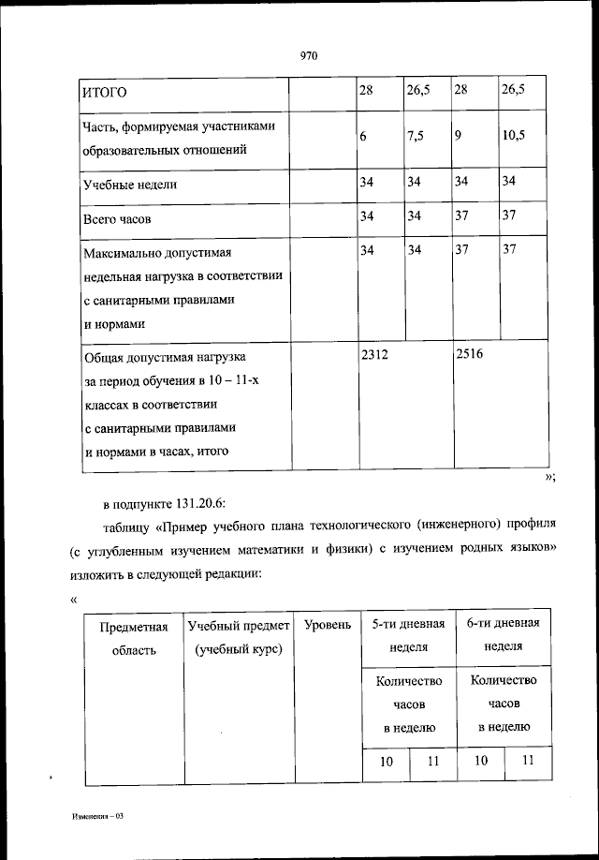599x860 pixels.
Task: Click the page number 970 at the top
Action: point(309,56)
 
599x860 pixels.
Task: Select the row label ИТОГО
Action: point(104,92)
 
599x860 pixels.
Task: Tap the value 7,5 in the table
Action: point(416,136)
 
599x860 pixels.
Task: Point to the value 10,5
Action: point(513,136)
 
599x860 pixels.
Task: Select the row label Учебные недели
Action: point(130,185)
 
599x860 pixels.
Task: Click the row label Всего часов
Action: point(117,219)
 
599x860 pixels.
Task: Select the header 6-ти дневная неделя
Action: point(504,635)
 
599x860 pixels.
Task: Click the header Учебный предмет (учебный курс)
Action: point(240,637)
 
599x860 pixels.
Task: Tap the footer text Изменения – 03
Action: point(96,817)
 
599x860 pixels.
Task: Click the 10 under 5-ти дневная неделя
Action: point(386,762)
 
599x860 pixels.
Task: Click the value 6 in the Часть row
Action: point(363,136)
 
